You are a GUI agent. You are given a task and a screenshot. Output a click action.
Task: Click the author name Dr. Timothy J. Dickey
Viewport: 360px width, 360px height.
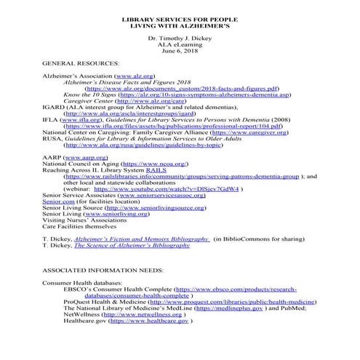tap(179, 36)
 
